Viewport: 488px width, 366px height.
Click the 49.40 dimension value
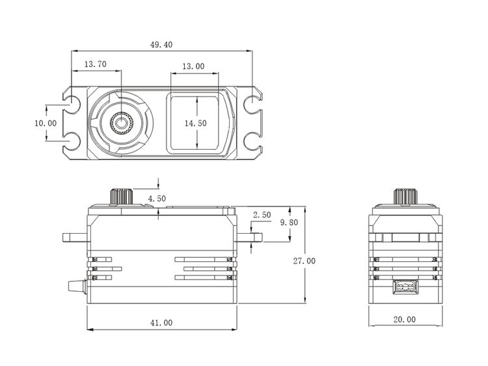tap(161, 44)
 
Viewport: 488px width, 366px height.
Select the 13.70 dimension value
tap(95, 64)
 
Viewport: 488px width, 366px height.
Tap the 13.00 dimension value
tap(193, 66)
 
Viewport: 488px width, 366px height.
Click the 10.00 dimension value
tap(46, 122)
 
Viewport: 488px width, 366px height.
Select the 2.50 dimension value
tap(262, 214)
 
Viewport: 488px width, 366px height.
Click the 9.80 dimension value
tap(290, 223)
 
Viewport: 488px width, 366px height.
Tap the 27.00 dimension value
tap(305, 260)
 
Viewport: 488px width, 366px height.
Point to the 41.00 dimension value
tap(161, 322)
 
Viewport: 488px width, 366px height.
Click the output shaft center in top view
tap(122, 122)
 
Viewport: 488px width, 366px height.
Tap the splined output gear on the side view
tap(121, 196)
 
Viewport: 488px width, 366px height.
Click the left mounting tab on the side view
tap(75, 236)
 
